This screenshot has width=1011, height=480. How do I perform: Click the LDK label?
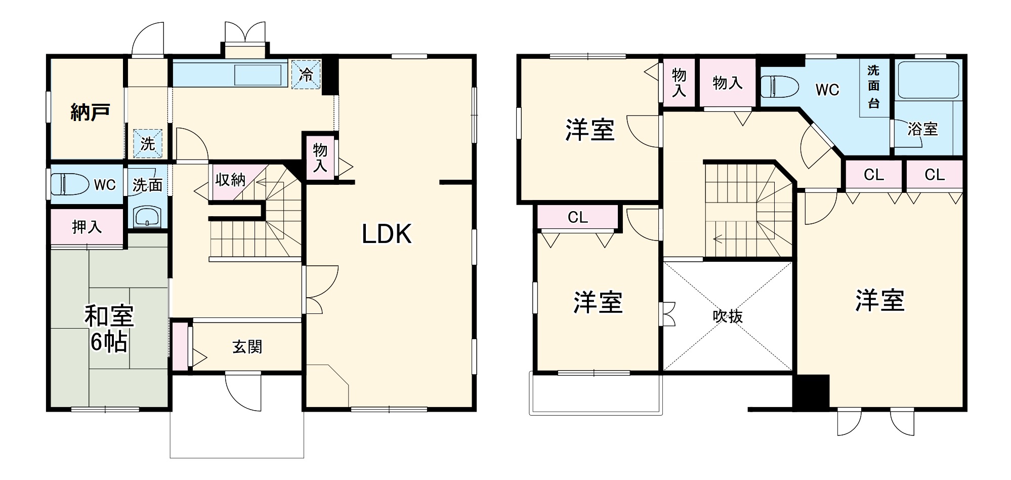click(387, 234)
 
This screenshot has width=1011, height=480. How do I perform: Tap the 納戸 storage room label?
click(90, 112)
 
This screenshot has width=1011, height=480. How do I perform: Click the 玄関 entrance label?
click(247, 347)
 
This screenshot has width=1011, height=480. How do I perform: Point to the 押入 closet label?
click(87, 227)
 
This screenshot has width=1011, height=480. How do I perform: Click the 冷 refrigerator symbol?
click(306, 74)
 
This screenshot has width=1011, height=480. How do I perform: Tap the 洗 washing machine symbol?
click(147, 143)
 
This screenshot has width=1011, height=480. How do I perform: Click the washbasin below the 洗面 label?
click(146, 217)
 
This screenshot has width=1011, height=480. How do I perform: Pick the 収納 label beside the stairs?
click(230, 179)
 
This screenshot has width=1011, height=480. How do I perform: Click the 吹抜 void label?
click(728, 316)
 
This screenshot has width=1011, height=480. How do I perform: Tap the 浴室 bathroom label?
click(922, 129)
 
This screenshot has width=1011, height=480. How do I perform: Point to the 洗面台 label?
click(874, 87)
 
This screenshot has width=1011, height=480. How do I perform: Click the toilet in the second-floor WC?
click(778, 87)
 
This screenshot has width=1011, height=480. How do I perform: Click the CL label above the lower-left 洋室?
click(577, 217)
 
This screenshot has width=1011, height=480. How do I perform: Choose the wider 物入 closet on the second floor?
click(727, 83)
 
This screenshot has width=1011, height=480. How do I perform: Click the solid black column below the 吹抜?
click(810, 391)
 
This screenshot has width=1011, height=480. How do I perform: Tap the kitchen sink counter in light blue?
click(230, 74)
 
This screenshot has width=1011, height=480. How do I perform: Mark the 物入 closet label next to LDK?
click(320, 157)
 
